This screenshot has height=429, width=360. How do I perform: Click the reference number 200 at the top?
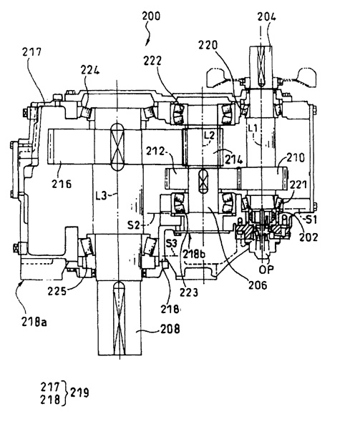[x=151, y=16]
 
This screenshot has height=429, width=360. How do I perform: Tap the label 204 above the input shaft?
[x=266, y=17]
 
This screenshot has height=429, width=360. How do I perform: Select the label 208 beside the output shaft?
[x=170, y=329]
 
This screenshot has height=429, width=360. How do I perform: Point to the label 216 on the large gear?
[x=62, y=184]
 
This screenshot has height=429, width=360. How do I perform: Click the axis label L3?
[x=101, y=195]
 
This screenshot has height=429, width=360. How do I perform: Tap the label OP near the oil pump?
[x=266, y=270]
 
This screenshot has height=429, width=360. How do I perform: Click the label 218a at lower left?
[x=34, y=322]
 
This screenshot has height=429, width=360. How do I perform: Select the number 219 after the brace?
[x=79, y=393]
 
